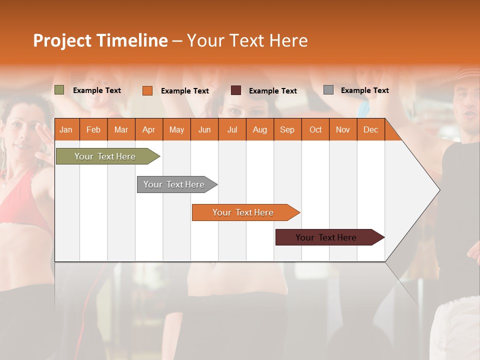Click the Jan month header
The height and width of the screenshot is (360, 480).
click(66, 129)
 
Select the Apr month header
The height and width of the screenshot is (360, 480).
click(148, 129)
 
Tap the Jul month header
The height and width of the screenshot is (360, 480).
click(232, 129)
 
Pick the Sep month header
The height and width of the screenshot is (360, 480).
click(287, 129)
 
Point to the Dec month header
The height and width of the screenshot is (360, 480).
click(370, 129)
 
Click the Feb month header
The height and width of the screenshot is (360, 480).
click(93, 129)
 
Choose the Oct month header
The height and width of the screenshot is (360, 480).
click(315, 129)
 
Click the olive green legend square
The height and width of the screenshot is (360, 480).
click(59, 90)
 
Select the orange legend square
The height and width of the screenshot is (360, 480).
click(147, 90)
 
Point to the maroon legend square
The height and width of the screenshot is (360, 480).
click(236, 90)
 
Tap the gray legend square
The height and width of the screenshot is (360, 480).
click(328, 90)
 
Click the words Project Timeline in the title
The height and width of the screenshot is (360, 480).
click(100, 40)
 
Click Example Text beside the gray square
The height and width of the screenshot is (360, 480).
click(364, 90)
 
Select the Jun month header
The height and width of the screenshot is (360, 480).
click(204, 129)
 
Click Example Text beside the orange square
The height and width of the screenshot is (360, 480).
click(184, 91)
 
